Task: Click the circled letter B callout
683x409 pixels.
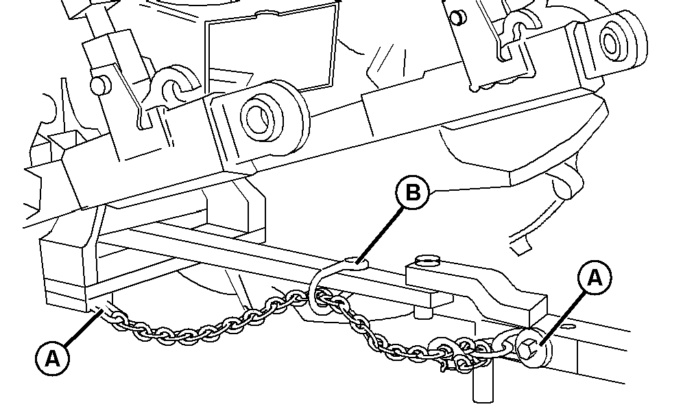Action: (413, 192)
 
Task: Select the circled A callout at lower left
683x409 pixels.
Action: (52, 359)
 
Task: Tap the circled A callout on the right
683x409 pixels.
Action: (595, 278)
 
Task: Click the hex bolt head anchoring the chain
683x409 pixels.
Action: (528, 347)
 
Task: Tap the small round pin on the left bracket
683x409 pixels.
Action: (99, 84)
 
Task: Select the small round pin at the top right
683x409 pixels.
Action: (457, 18)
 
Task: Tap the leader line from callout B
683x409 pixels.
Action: (376, 236)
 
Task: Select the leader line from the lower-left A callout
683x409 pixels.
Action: (84, 327)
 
